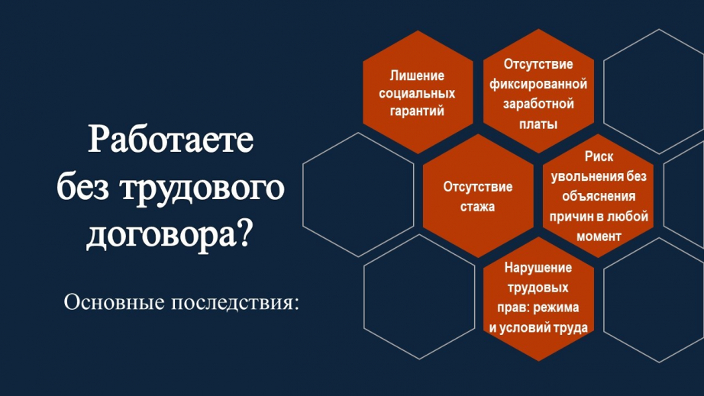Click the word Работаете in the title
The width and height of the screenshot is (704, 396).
[170, 140]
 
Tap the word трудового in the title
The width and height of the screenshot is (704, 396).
[202, 188]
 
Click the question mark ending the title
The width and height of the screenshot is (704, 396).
[244, 233]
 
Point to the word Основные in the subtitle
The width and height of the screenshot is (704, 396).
[114, 302]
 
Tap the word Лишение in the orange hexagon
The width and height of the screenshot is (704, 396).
[417, 76]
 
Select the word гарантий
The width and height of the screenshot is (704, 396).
[417, 111]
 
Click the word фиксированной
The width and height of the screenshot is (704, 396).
[538, 85]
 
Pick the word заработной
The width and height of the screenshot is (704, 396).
[538, 104]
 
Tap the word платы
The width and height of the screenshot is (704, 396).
[538, 124]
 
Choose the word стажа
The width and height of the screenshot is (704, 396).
[477, 207]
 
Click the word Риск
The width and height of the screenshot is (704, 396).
[599, 156]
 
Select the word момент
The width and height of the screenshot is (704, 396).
[599, 237]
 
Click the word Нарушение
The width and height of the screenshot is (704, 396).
[538, 268]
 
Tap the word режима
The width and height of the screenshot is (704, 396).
[557, 307]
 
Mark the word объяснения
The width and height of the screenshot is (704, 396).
[599, 196]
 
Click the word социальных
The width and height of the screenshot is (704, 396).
[417, 93]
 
